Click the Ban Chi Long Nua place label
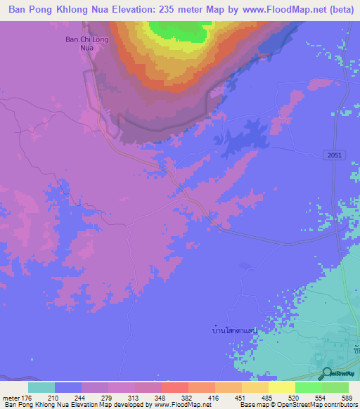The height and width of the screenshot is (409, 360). pyautogui.click(x=76, y=44)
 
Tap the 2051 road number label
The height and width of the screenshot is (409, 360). pyautogui.click(x=334, y=154)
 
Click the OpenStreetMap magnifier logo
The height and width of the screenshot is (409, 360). pyautogui.click(x=327, y=372)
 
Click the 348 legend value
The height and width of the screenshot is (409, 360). pyautogui.click(x=162, y=397)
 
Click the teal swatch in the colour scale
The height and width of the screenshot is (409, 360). pyautogui.click(x=41, y=387)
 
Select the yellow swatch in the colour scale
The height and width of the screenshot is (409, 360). pyautogui.click(x=281, y=387)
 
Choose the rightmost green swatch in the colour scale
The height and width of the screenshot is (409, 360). pyautogui.click(x=335, y=387)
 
